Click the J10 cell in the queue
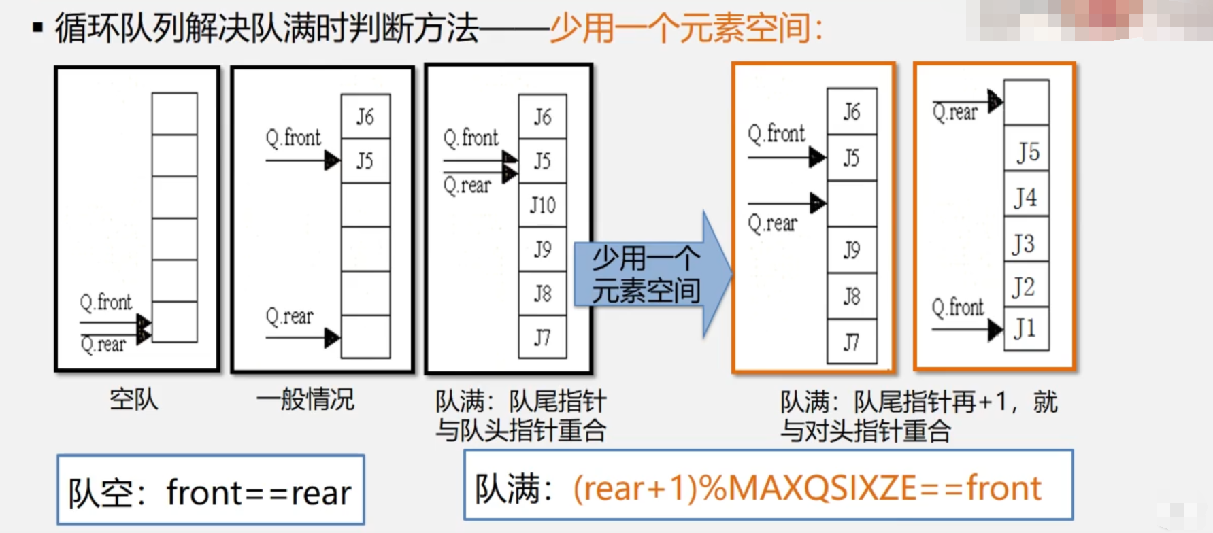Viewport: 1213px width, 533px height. pos(542,205)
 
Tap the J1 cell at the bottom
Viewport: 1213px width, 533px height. pos(1026,329)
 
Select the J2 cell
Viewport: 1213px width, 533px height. pos(1026,287)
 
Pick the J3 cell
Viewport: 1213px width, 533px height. pos(1026,243)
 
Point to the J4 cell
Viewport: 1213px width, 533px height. pos(1026,198)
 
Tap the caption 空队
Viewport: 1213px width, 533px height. pos(134,399)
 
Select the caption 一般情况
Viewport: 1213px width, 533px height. pos(305,399)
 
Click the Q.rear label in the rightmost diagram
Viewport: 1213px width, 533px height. pos(955,112)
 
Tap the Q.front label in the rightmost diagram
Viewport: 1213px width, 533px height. pos(958,307)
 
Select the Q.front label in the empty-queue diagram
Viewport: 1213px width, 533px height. pos(106,302)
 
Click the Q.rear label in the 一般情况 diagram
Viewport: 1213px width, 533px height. pos(290,316)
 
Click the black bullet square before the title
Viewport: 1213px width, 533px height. pos(38,29)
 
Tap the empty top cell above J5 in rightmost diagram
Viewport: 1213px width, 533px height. pos(1026,102)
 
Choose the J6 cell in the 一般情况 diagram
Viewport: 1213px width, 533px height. pos(365,117)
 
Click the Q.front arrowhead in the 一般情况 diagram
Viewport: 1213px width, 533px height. pos(332,161)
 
